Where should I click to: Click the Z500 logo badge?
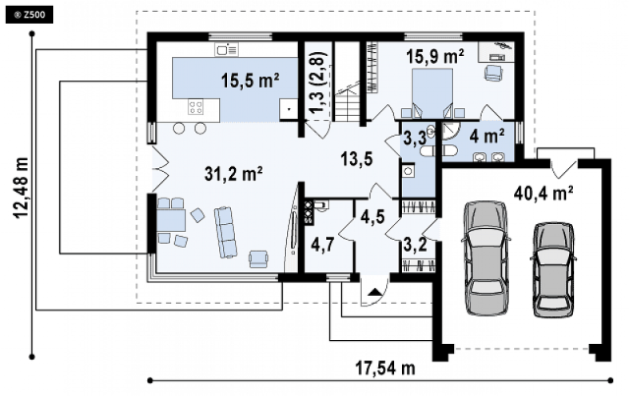(x=29, y=16)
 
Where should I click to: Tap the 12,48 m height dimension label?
(x=22, y=188)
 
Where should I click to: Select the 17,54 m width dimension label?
(x=385, y=368)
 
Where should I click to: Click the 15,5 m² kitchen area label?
(x=251, y=81)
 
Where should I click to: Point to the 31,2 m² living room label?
(x=234, y=174)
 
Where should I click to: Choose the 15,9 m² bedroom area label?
(x=435, y=57)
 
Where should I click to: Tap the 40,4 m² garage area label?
(x=543, y=194)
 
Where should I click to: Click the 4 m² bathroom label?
(x=486, y=137)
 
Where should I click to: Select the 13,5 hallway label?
(x=357, y=159)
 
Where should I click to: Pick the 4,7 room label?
(x=322, y=245)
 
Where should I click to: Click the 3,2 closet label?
(x=415, y=244)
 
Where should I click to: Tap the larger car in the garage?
(x=486, y=258)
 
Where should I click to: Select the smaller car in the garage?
(x=553, y=269)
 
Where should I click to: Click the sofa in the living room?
(x=225, y=232)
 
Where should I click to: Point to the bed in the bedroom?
(x=432, y=93)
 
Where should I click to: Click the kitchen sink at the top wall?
(x=227, y=49)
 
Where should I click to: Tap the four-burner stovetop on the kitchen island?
(x=196, y=107)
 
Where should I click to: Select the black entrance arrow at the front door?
(x=374, y=292)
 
